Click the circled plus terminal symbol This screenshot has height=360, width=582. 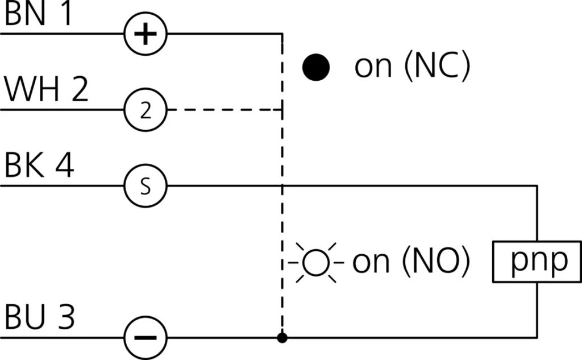[146, 34]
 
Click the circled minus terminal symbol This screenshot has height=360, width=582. [146, 337]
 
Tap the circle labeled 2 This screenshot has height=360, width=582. [146, 110]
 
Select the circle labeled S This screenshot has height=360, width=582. [146, 186]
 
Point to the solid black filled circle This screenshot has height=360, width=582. [316, 68]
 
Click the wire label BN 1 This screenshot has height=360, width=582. [39, 15]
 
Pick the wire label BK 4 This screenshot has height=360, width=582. [39, 167]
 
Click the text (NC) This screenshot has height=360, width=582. [436, 67]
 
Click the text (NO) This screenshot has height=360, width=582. [436, 262]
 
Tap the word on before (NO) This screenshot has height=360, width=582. [372, 263]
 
